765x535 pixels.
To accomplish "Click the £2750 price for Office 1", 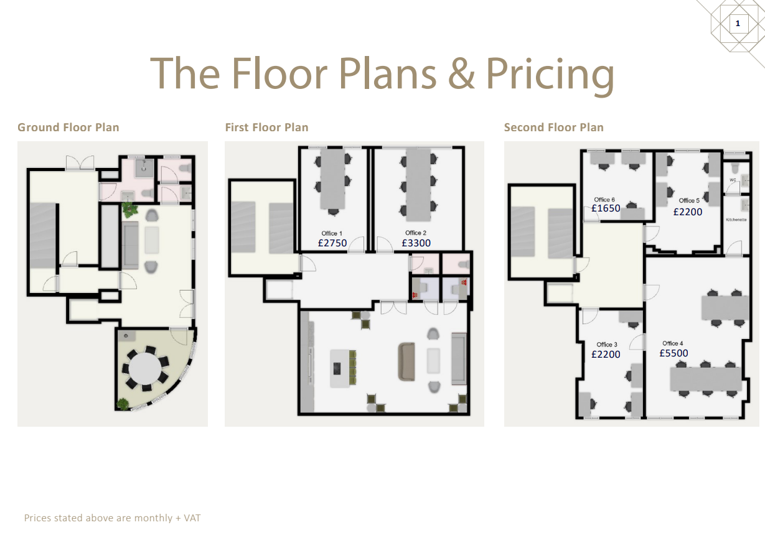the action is [332, 243].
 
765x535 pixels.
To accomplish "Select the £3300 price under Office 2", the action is [416, 243].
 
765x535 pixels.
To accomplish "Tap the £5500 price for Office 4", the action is [673, 353].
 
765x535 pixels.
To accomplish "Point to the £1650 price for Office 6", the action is [606, 208].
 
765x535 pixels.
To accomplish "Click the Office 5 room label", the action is [689, 200].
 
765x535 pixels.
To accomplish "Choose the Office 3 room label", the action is [606, 345].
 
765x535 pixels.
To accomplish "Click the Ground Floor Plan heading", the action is [68, 128].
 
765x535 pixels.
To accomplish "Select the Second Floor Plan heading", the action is [553, 128].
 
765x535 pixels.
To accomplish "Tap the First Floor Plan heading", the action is [266, 128].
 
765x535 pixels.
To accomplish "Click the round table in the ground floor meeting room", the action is [145, 368].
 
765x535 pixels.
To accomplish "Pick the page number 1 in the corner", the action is [738, 23].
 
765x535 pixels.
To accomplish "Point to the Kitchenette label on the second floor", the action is [736, 220].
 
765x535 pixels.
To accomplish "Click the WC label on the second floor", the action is [733, 180].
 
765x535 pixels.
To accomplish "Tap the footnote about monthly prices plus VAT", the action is [112, 518].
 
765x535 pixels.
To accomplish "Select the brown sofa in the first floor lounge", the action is [406, 362].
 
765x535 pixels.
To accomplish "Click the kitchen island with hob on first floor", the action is [340, 368].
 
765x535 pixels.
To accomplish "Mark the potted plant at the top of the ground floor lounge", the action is [129, 210].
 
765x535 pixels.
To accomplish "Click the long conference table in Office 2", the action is [418, 185].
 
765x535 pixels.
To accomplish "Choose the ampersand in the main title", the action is [461, 74].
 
